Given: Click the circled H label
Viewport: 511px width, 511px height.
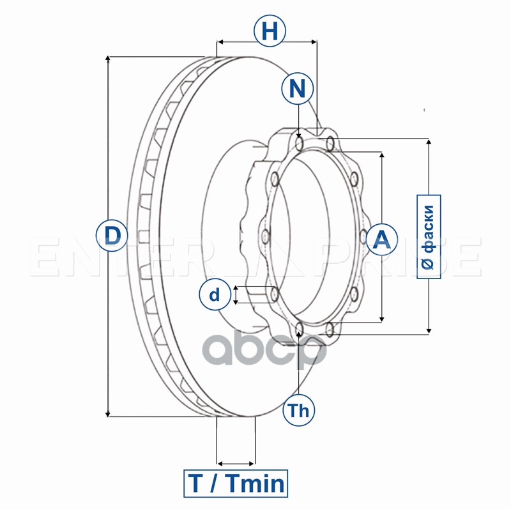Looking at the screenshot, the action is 270,31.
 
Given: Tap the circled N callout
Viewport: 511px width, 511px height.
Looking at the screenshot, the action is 297,89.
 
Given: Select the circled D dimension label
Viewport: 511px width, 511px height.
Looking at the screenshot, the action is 112,236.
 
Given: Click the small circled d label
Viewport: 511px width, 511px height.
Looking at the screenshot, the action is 215,294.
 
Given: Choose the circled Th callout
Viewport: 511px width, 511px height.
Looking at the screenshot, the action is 298,411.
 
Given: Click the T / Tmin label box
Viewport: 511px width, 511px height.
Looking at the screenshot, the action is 236,483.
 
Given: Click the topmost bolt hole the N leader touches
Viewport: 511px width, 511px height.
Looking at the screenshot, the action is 300,139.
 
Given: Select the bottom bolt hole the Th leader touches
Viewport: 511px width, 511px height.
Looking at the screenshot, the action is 300,330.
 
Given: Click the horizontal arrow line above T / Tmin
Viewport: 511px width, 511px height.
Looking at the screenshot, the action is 236,462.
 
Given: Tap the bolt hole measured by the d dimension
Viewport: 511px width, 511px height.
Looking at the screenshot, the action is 275,294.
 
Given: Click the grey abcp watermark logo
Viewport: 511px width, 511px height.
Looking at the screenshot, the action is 268,349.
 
